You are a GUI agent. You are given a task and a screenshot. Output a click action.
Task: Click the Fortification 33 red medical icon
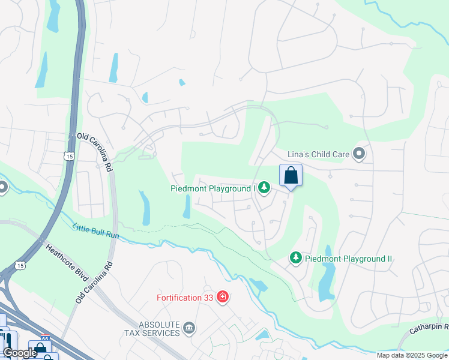223,297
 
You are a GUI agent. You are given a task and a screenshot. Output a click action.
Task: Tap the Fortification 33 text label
186,298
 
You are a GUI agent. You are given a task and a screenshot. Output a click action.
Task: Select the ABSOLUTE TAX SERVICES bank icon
189,328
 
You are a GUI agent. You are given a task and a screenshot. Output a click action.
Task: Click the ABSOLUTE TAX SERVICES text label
152,329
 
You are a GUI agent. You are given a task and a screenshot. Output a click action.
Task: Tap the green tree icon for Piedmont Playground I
264,188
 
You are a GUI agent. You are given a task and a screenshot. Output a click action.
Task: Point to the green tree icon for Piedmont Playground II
295,258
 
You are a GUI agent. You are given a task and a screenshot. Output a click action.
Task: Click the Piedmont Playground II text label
348,259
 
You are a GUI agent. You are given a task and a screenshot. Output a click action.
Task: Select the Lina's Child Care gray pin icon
359,154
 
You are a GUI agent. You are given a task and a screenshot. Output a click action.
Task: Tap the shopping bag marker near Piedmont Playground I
291,176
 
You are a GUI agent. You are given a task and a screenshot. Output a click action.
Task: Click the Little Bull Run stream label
96,230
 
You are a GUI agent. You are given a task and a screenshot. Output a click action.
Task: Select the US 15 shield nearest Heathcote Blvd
21,265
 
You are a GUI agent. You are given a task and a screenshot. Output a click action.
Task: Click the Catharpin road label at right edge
429,328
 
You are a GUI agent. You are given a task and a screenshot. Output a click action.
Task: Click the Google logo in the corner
20,353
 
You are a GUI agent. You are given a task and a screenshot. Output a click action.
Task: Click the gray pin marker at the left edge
2,188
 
